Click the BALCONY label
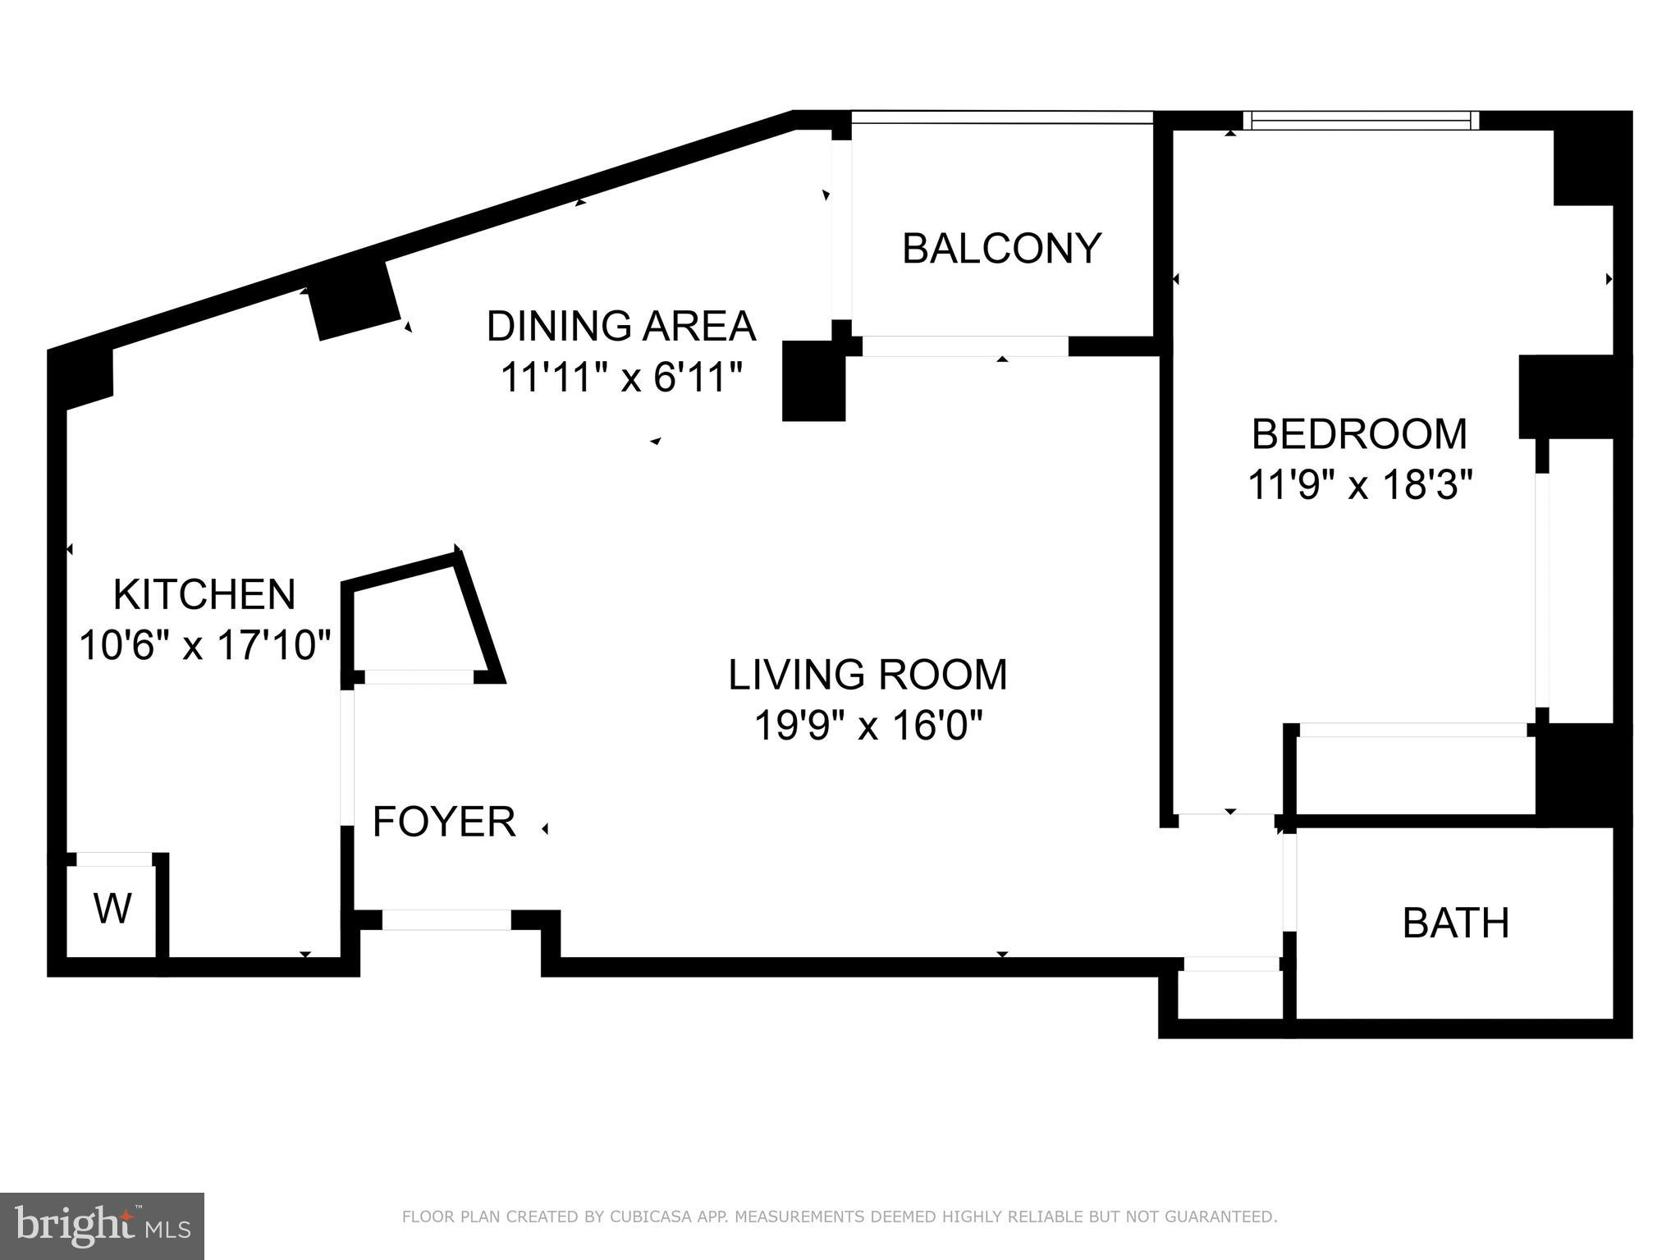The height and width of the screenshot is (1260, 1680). point(1001,248)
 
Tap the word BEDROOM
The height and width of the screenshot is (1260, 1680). point(1359,433)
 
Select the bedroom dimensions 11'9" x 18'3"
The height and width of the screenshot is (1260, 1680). point(1360,484)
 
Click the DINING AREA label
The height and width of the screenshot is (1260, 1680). point(620,326)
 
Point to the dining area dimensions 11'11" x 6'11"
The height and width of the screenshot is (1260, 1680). point(621,378)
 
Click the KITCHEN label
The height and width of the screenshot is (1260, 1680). point(204,593)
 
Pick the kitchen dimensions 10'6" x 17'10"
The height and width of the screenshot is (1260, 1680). point(204,644)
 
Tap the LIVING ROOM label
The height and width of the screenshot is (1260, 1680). point(867,674)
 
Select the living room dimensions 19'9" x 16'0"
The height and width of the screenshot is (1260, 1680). point(867,725)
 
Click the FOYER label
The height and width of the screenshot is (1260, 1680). point(444,821)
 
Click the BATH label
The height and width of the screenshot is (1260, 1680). point(1456,923)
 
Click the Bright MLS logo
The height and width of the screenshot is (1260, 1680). point(102,1225)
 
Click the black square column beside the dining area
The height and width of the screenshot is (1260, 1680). point(813,381)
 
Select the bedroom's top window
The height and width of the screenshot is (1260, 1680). point(1361,121)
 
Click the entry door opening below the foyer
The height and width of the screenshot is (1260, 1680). point(446,919)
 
